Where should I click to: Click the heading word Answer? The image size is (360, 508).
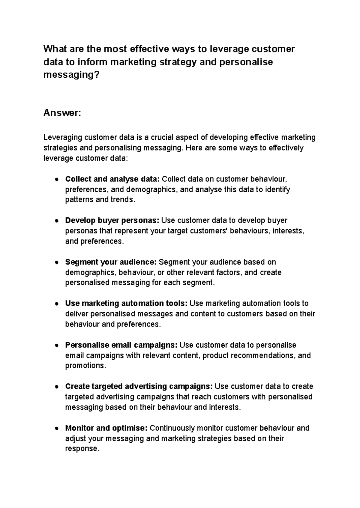[x=62, y=113]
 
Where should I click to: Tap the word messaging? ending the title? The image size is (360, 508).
[x=71, y=75]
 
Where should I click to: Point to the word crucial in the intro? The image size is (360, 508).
[x=162, y=137]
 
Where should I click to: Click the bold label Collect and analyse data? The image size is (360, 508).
[x=112, y=179]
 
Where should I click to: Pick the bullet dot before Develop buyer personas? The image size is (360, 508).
[x=56, y=221]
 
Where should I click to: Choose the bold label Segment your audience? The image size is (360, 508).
[x=111, y=262]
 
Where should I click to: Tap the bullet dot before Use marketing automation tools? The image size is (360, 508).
[x=56, y=304]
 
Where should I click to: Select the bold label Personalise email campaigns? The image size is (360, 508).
[x=121, y=345]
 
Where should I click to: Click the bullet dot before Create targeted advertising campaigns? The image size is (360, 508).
[x=56, y=387]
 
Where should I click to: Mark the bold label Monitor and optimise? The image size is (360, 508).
[x=106, y=428]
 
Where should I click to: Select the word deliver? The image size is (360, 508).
[x=76, y=314]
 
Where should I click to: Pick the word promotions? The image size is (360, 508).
[x=85, y=366]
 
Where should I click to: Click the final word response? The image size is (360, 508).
[x=81, y=449]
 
